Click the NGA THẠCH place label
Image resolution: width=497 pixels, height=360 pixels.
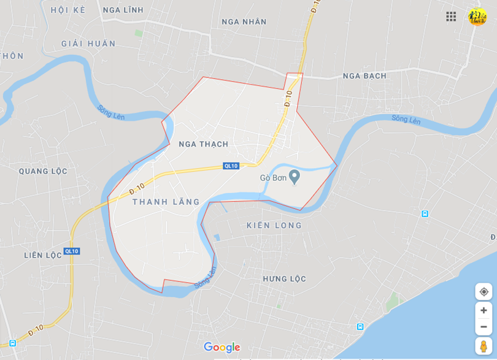203,144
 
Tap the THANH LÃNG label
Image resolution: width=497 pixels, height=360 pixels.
166,202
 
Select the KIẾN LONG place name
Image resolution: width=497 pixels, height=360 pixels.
274,225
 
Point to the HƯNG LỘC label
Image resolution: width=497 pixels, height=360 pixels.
284,278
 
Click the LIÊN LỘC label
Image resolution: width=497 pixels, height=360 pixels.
43,255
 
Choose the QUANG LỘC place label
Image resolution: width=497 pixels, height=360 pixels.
43,171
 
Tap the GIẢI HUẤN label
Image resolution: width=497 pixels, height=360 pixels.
88,44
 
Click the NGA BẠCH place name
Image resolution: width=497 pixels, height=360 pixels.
364,76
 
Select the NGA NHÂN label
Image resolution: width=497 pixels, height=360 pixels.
244,22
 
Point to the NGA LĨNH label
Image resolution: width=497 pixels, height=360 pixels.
123,10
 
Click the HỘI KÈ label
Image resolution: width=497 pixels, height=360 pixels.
68,10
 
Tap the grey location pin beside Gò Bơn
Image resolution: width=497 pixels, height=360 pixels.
295,177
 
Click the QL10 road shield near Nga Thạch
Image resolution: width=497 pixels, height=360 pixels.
231,166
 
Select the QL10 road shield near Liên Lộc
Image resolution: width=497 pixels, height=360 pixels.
72,251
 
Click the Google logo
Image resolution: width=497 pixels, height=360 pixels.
222,347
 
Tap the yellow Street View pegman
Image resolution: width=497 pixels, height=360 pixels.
484,346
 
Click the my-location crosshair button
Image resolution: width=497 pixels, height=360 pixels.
484,291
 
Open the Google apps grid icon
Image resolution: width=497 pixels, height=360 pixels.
451,17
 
